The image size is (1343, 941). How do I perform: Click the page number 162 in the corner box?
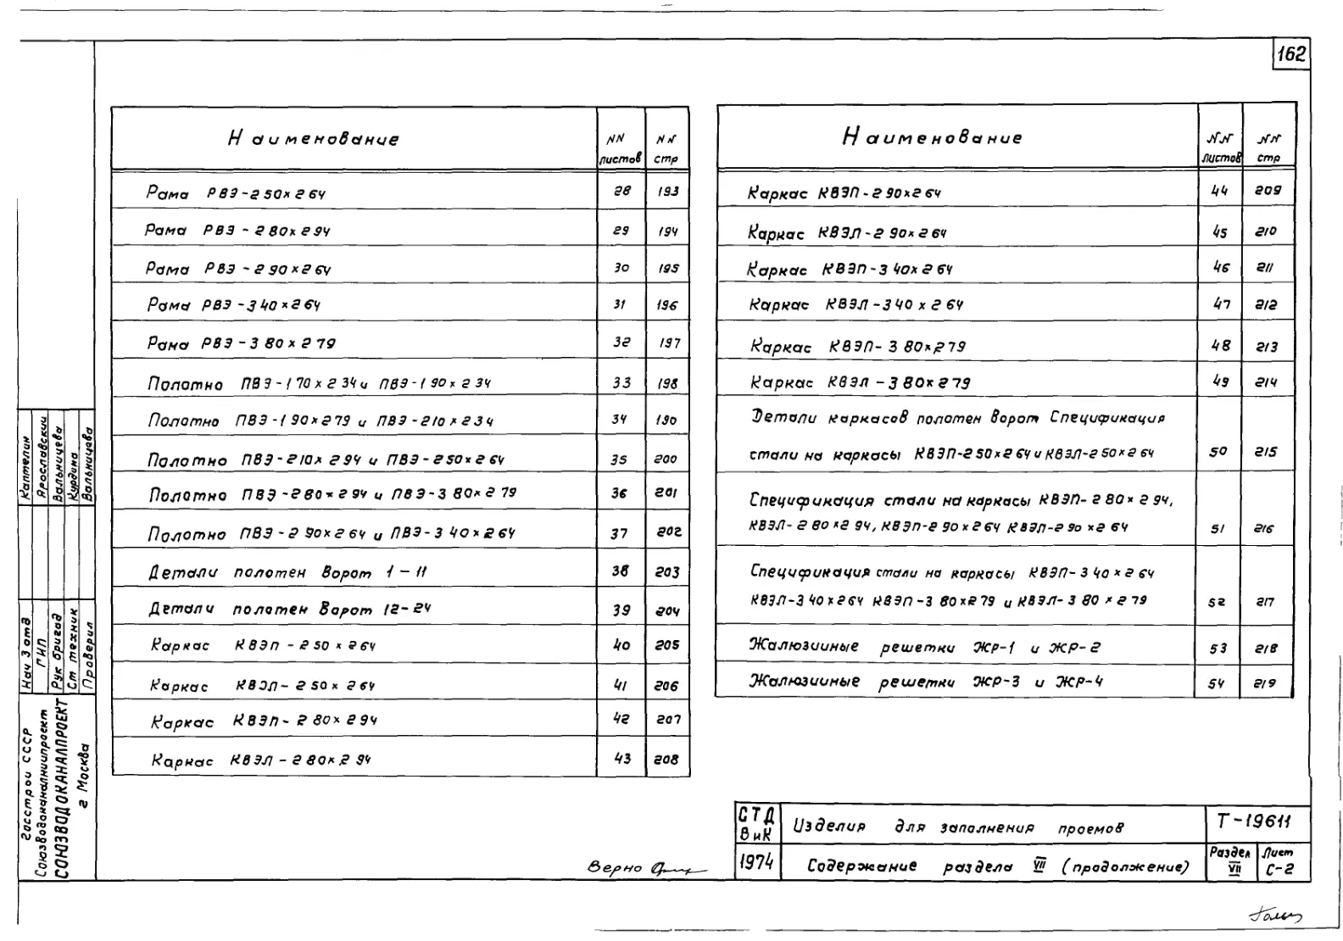[1291, 55]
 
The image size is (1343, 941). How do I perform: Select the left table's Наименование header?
[313, 139]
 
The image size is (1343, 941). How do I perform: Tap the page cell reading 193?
[667, 192]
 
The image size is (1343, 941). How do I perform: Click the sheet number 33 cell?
[621, 382]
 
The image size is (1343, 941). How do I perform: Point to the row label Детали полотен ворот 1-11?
[287, 573]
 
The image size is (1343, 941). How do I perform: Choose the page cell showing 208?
[666, 760]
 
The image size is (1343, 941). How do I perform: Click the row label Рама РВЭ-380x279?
[241, 343]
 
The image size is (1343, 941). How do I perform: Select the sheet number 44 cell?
[1219, 191]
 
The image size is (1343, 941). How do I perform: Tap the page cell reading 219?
[1266, 683]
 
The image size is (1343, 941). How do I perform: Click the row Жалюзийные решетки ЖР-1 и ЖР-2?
[924, 649]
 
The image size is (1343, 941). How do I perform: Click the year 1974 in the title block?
[755, 863]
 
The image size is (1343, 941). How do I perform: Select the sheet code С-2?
[1279, 868]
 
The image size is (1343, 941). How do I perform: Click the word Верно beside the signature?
[616, 869]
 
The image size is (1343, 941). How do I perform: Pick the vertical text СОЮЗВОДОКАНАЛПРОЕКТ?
[61, 788]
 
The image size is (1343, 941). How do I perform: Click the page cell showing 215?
[1266, 452]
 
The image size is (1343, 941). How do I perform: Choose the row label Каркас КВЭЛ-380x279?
[860, 383]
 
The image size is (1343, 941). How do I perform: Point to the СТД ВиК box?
[755, 823]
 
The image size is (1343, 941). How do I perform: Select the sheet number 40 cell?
[621, 645]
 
